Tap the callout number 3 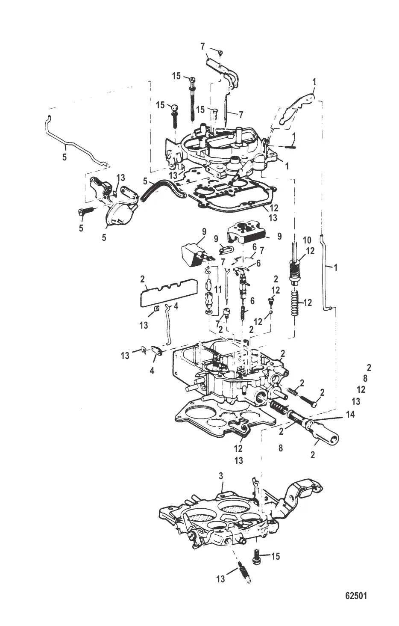tap(220, 476)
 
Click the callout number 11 tap(218, 290)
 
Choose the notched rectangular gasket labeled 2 tap(169, 292)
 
